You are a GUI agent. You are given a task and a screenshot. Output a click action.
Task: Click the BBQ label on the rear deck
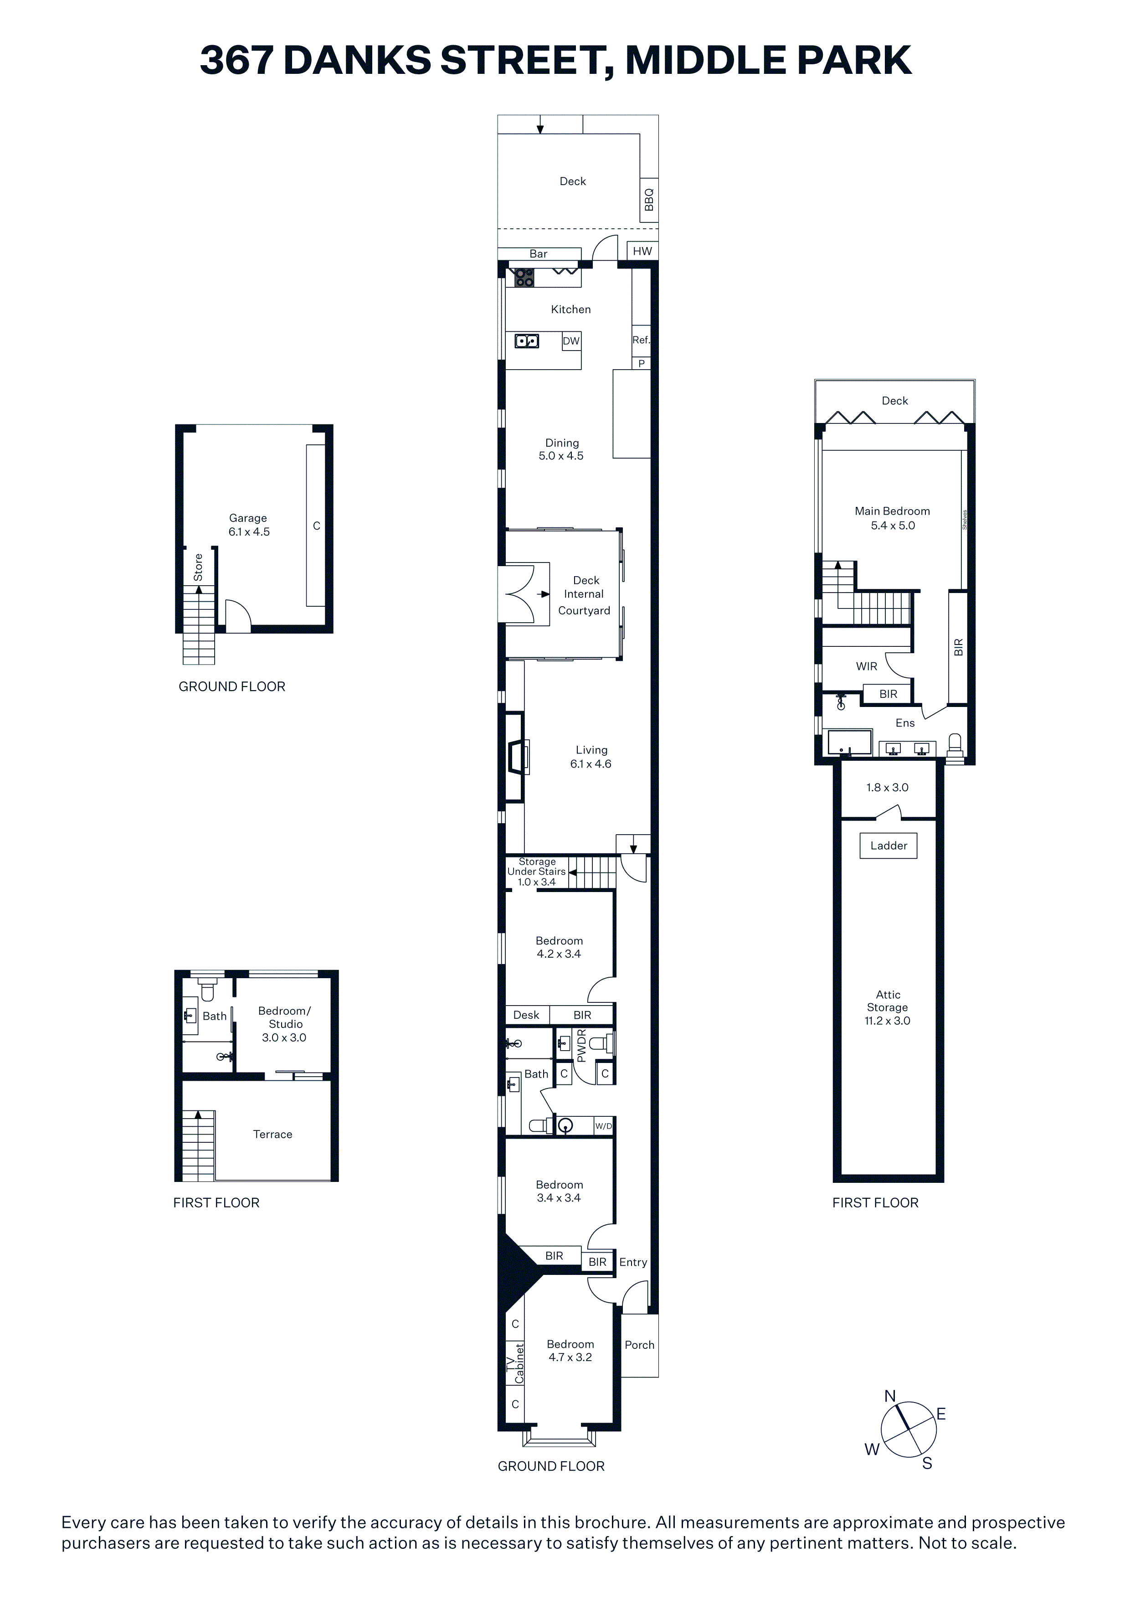click(x=649, y=199)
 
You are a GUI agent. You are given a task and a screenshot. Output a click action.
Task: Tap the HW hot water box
click(x=642, y=251)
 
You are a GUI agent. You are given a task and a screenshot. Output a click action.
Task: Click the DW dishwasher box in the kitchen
click(x=571, y=340)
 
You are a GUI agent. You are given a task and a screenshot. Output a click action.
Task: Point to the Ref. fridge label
click(x=641, y=340)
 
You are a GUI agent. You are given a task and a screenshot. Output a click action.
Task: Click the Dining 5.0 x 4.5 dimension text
click(x=561, y=455)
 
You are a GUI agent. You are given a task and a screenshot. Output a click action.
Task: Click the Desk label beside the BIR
click(x=526, y=1015)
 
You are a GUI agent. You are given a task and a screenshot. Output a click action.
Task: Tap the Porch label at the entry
click(x=639, y=1345)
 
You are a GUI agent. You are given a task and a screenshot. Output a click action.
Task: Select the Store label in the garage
click(x=198, y=567)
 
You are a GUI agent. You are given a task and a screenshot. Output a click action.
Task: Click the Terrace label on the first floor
click(x=272, y=1134)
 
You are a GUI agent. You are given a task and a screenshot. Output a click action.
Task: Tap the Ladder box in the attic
click(x=889, y=846)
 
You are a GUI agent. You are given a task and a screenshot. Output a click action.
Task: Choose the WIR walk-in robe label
click(x=866, y=666)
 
